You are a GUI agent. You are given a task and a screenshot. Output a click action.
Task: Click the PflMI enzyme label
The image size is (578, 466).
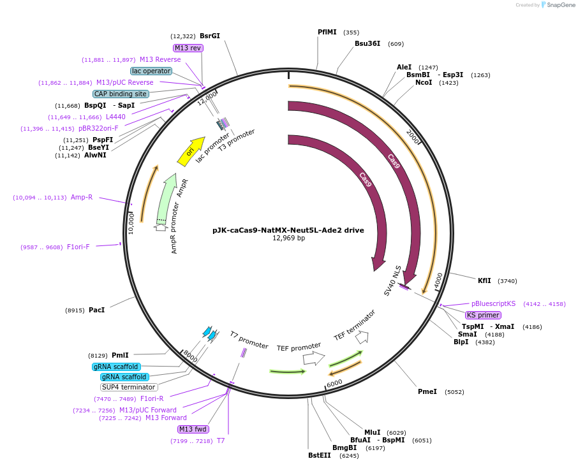tap(327, 32)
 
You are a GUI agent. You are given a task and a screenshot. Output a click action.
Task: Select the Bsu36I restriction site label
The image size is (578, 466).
tap(367, 43)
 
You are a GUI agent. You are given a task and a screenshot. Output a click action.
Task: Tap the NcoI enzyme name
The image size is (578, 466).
tap(424, 82)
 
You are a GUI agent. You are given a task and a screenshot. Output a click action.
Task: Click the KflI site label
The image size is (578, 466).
tap(485, 280)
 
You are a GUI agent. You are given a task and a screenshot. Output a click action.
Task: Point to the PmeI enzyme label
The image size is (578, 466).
tap(427, 391)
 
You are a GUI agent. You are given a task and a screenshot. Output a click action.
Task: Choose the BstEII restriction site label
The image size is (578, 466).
tap(320, 455)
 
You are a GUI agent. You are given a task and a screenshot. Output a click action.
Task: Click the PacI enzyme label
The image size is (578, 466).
tap(97, 310)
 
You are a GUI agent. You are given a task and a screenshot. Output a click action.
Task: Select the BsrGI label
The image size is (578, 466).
tap(210, 36)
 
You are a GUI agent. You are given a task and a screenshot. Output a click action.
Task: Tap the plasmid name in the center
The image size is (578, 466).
tap(288, 229)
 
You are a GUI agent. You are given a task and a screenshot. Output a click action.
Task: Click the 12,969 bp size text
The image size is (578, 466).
tap(288, 238)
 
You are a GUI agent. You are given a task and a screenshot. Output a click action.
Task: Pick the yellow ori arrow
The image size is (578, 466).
tap(191, 151)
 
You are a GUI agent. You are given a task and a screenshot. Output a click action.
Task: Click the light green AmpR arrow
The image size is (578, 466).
tap(167, 197)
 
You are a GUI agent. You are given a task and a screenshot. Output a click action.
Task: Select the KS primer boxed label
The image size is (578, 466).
tap(483, 315)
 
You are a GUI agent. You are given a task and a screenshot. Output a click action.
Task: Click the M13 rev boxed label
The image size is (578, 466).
tap(188, 48)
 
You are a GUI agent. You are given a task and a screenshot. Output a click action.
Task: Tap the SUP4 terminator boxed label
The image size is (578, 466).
tap(129, 387)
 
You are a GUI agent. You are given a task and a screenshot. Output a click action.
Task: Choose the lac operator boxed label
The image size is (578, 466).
tap(151, 71)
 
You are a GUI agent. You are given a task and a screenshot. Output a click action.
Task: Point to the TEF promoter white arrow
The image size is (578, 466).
tap(314, 358)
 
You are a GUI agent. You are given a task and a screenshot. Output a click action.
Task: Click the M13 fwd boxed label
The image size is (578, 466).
tap(193, 429)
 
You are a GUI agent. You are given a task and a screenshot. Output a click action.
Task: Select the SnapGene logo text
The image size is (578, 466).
tap(558, 5)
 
